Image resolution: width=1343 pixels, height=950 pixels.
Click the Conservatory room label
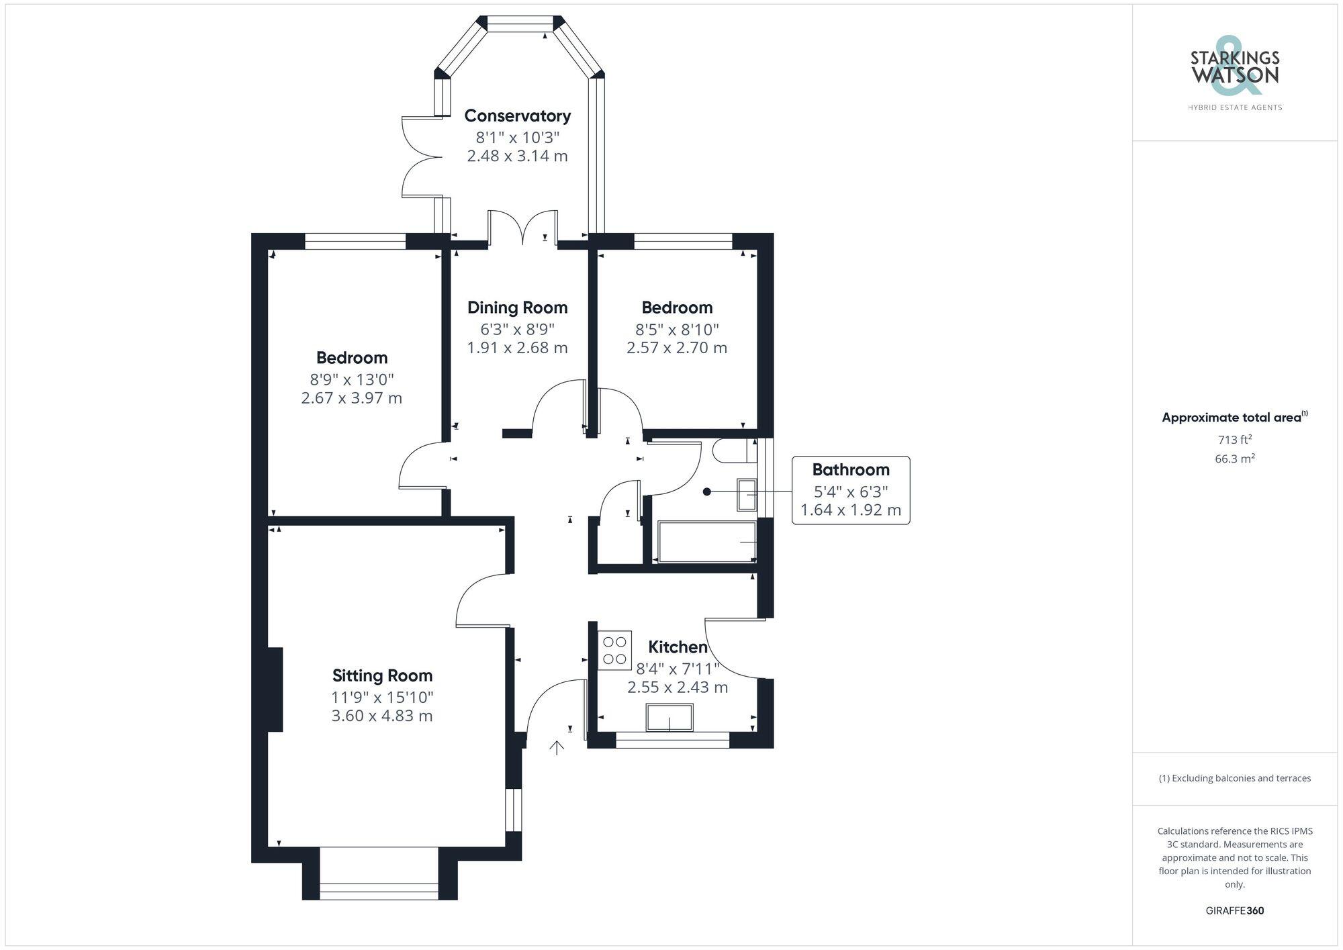(517, 116)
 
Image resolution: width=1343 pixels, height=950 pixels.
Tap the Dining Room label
(517, 308)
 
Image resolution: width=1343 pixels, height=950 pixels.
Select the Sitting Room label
(382, 676)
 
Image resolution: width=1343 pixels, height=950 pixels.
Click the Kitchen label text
(678, 647)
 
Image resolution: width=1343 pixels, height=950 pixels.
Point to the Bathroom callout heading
(851, 470)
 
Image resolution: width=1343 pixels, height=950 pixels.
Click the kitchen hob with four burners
(614, 650)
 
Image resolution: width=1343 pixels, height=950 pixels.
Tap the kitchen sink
(669, 717)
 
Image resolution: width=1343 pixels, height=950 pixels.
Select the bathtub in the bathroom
(707, 542)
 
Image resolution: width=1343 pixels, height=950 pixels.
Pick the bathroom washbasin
(747, 494)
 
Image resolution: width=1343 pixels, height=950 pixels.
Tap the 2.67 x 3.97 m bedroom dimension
(351, 398)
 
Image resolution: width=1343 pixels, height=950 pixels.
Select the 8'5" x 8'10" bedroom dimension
(677, 330)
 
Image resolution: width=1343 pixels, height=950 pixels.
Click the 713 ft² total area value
(1235, 440)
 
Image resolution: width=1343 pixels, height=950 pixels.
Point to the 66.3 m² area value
(1235, 459)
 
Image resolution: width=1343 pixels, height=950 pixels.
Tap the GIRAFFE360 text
(1235, 911)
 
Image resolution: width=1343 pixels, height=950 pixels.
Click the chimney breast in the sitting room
(275, 690)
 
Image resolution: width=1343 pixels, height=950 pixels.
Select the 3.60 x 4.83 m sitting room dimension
(382, 716)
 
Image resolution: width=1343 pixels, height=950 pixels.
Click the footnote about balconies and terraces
(1235, 778)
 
